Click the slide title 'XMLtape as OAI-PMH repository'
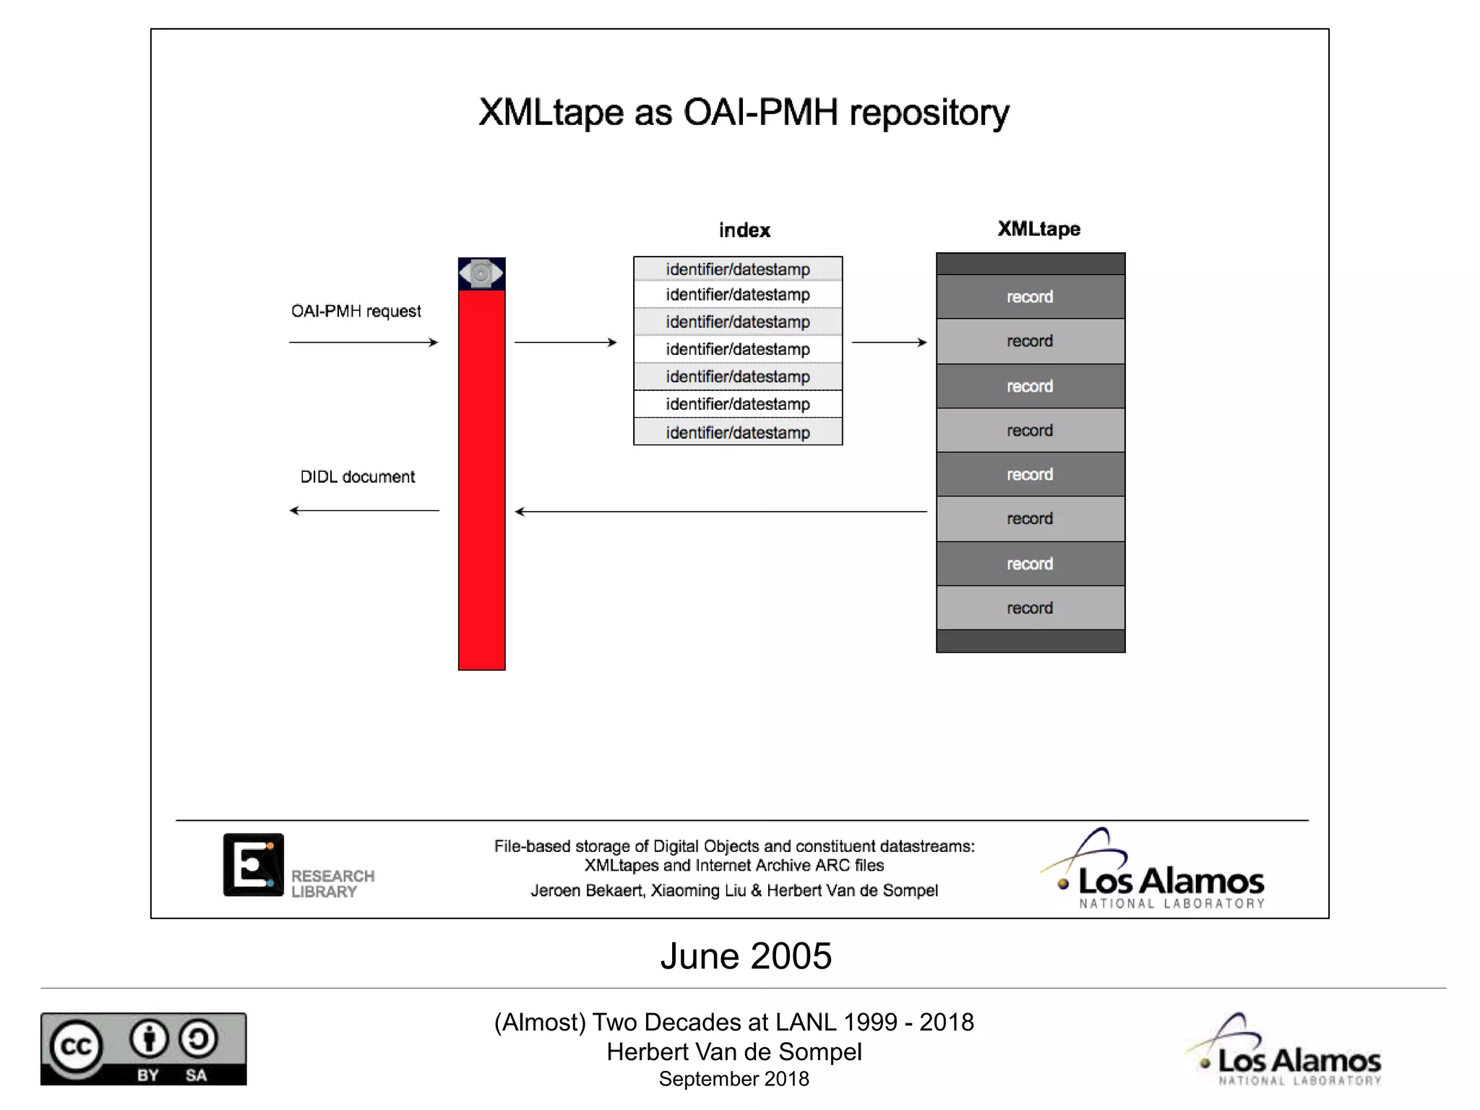pos(744,113)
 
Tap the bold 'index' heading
pos(744,231)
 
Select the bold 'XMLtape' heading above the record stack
pos(1038,229)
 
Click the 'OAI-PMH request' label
pos(356,311)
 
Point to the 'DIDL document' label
pos(357,477)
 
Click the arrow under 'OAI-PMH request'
pos(363,343)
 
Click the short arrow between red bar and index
pos(565,343)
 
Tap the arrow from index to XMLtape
pos(889,343)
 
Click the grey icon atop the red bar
pos(481,274)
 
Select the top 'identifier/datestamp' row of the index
pos(738,270)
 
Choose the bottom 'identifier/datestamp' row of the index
pos(738,432)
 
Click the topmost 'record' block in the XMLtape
pos(1030,297)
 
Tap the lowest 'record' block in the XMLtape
pos(1030,608)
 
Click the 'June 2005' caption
pos(746,956)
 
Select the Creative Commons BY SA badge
pos(143,1049)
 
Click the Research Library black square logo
pos(253,865)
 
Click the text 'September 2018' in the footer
pos(733,1079)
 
